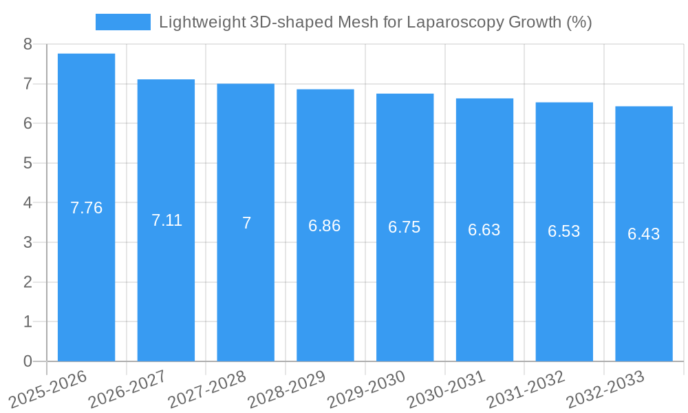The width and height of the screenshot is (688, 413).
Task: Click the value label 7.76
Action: point(86,208)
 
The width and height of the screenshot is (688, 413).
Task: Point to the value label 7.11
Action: point(166,220)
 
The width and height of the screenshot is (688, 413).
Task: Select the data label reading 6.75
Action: point(405,228)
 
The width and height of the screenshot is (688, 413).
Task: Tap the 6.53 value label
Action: point(564,231)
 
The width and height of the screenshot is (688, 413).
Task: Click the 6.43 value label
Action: point(644,234)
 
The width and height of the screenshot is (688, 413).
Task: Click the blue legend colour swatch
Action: point(122,22)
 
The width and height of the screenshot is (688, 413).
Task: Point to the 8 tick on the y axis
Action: point(28,44)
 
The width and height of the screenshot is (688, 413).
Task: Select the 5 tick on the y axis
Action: point(28,163)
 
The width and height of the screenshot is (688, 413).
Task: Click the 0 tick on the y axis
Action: point(28,361)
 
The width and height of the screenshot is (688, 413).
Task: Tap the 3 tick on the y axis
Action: point(28,242)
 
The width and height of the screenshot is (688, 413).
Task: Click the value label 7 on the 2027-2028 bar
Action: point(246,223)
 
